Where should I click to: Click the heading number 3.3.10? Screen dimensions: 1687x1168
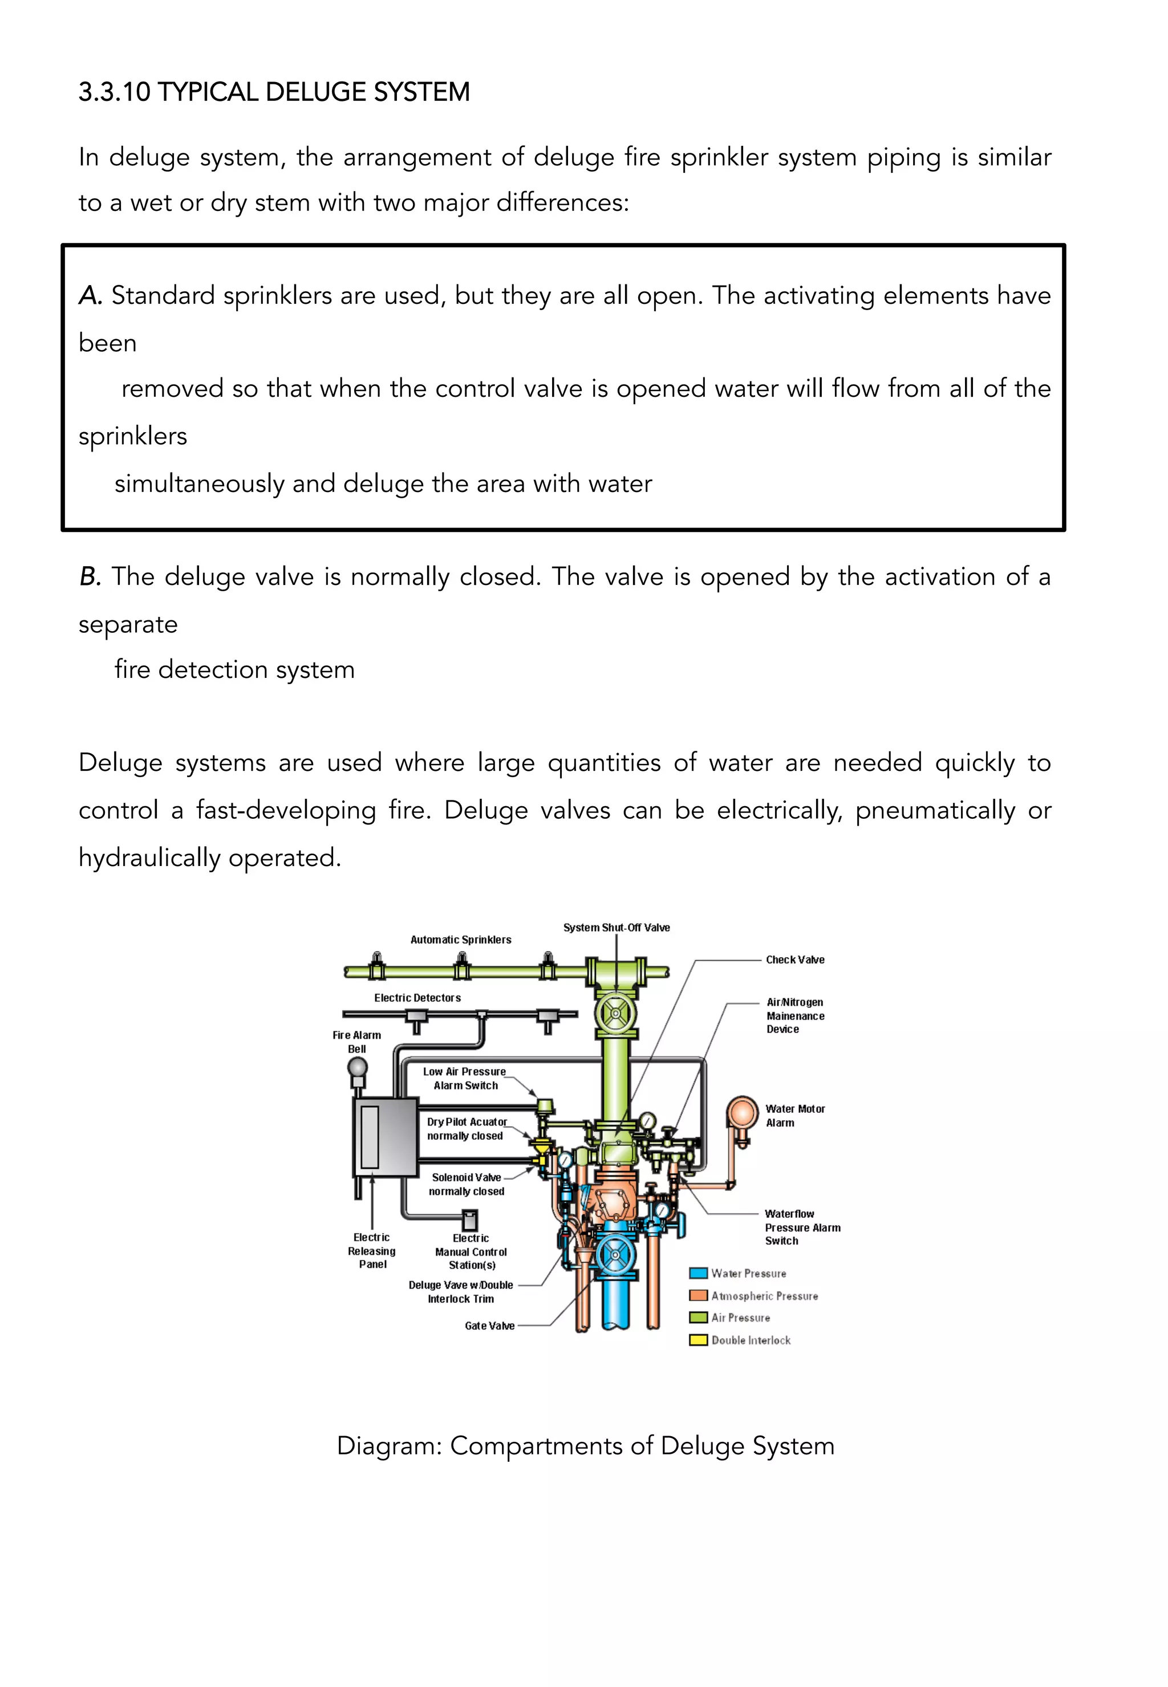[114, 93]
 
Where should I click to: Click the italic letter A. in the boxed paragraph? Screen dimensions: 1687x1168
[90, 296]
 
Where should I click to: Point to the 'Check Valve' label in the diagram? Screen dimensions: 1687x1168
[795, 960]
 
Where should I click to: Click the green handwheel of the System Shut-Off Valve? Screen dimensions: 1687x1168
[615, 1014]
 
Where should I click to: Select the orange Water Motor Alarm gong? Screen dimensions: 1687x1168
[742, 1114]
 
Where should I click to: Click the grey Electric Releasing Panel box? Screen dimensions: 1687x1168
[385, 1136]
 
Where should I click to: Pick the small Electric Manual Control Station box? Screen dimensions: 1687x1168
[470, 1219]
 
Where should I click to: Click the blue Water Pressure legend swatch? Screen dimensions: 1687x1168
[698, 1274]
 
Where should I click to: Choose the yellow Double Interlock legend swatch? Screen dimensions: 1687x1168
[698, 1340]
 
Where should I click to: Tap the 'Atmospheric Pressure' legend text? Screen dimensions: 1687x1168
[764, 1296]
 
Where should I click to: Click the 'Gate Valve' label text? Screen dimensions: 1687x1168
[489, 1326]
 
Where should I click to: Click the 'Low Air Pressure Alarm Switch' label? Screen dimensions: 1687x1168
[465, 1078]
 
